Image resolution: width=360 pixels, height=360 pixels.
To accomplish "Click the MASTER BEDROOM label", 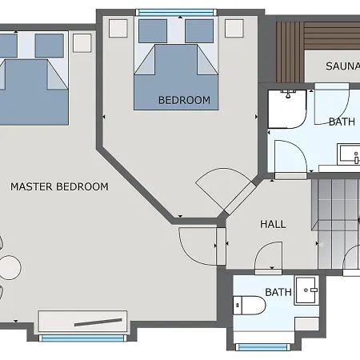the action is [x=59, y=186].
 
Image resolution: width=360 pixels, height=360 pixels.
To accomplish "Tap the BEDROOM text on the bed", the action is [x=184, y=100].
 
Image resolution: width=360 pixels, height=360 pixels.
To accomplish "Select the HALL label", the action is [x=273, y=224].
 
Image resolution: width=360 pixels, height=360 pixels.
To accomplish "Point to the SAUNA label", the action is [x=342, y=66].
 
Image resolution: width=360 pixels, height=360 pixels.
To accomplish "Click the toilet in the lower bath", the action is [x=249, y=305].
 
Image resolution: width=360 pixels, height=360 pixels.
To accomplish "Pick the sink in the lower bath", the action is [x=306, y=290].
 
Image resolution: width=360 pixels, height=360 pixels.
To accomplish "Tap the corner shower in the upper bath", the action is [x=287, y=109].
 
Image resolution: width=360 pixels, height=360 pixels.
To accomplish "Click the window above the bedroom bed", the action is [x=176, y=12].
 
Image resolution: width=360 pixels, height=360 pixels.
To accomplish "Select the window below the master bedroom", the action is [x=82, y=338].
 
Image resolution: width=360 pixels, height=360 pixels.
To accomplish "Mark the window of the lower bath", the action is [x=262, y=347].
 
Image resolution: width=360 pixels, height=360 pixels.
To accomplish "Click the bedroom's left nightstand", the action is [x=118, y=28].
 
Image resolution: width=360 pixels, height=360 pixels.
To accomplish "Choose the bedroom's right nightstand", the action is [x=234, y=28].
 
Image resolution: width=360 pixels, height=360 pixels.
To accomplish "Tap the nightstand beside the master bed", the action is [x=82, y=42].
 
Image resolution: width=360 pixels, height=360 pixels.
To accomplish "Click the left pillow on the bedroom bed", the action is [x=153, y=31].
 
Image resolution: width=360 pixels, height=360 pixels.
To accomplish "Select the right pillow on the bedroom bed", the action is [x=199, y=31].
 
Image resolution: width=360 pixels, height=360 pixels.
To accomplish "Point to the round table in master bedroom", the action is [x=10, y=267].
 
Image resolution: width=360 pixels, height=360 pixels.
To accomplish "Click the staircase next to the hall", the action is [x=336, y=224].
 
